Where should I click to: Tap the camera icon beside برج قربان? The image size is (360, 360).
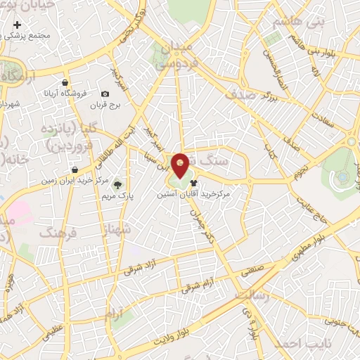105,94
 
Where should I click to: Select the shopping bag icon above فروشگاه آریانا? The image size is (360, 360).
64,83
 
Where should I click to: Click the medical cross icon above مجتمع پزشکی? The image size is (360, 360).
18,25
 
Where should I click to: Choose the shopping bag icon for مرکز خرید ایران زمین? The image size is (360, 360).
75,169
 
